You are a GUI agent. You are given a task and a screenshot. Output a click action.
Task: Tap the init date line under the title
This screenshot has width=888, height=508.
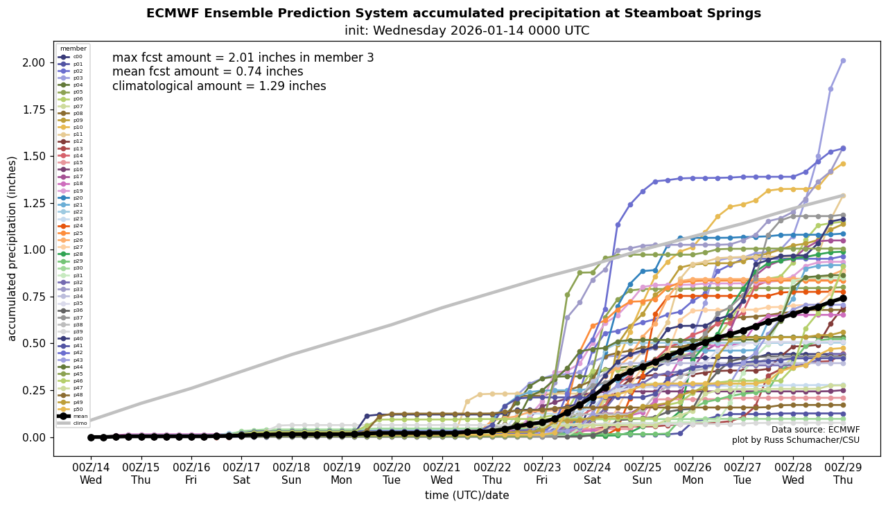pyautogui.click(x=467, y=30)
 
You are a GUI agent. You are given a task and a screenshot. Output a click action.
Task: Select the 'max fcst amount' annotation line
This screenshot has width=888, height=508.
pyautogui.click(x=243, y=58)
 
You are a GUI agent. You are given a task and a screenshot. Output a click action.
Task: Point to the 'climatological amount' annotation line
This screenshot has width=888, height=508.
pyautogui.click(x=218, y=86)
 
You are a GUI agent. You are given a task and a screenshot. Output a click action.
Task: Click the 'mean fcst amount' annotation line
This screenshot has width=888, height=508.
pyautogui.click(x=207, y=71)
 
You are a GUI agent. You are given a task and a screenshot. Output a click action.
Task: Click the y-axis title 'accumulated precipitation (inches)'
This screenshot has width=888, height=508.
pyautogui.click(x=12, y=248)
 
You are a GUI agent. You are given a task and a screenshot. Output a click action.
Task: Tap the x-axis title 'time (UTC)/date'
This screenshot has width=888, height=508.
pyautogui.click(x=467, y=495)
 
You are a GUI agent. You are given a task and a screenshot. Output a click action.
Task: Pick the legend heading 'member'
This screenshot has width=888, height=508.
pyautogui.click(x=73, y=49)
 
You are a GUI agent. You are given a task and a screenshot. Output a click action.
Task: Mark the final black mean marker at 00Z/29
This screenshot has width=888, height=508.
pyautogui.click(x=843, y=298)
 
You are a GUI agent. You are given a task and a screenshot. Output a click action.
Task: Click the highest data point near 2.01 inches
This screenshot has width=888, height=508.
pyautogui.click(x=843, y=60)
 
